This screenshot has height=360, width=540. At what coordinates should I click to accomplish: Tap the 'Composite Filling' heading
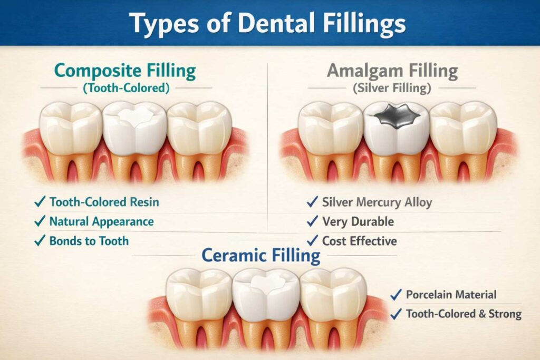coord(125,71)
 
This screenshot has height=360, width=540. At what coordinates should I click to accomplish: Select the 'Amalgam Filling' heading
coord(392,71)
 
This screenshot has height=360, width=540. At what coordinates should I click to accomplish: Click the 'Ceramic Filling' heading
coord(261,256)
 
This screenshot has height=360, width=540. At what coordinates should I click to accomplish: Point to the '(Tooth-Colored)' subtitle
coord(126,88)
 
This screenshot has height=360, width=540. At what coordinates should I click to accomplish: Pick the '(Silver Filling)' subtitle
coord(392,88)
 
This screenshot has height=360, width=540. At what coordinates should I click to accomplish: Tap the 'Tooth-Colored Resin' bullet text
coord(104,202)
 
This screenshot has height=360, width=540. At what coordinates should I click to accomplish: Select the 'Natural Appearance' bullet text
coord(101,221)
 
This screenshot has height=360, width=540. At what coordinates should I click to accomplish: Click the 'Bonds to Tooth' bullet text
coord(89,241)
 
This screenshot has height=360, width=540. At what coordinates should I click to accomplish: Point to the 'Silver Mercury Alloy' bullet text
coord(377,202)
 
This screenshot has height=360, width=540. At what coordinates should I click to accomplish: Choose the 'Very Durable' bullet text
coord(358,222)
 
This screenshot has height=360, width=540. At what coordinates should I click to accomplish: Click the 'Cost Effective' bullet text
coord(359,241)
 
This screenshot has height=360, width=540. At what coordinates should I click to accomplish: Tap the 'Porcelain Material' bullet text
coord(451,295)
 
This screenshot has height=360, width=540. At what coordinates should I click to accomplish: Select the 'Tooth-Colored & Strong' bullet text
coord(464,314)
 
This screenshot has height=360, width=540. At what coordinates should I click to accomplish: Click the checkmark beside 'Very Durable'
coord(312,222)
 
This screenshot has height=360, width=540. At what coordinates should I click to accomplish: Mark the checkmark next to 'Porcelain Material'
coord(396,295)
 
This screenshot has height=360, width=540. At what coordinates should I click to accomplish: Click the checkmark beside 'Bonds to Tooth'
coord(39,241)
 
